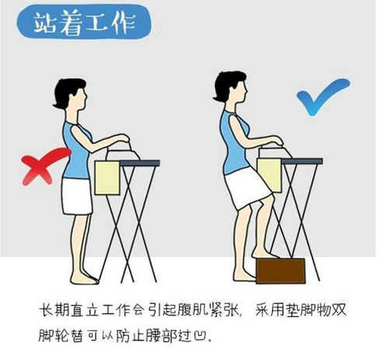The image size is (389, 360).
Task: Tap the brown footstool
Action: pyautogui.click(x=280, y=271)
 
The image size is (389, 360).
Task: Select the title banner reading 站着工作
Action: pyautogui.click(x=84, y=23)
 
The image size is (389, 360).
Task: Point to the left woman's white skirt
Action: pyautogui.click(x=76, y=196)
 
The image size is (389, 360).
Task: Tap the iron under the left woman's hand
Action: pyautogui.click(x=122, y=154)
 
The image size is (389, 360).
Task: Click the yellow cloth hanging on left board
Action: pyautogui.click(x=107, y=178)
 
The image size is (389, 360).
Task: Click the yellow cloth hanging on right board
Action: pyautogui.click(x=270, y=176)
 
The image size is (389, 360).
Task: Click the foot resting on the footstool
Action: pyautogui.click(x=266, y=253)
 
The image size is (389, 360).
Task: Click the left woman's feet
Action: pyautogui.click(x=85, y=278)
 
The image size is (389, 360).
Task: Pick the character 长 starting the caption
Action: pyautogui.click(x=46, y=309)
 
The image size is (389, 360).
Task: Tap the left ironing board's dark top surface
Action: pyautogui.click(x=139, y=163)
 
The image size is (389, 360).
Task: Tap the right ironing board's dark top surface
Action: pyautogui.click(x=302, y=161)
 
